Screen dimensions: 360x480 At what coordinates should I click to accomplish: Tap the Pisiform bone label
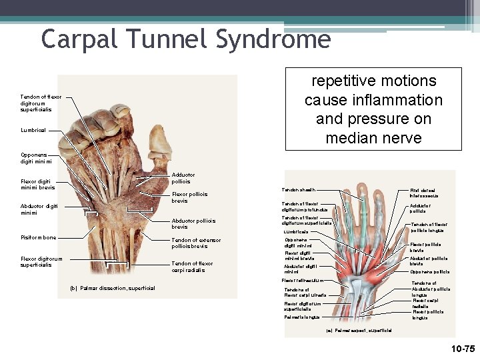click(x=39, y=238)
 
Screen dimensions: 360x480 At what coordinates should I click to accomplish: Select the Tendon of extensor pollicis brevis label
click(x=196, y=243)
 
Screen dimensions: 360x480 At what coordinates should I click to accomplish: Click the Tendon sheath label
click(x=298, y=190)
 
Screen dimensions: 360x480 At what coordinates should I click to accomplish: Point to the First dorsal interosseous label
click(x=424, y=193)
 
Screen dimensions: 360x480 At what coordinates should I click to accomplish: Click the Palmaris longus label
click(x=301, y=317)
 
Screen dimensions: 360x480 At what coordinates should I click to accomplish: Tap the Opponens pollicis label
click(x=429, y=272)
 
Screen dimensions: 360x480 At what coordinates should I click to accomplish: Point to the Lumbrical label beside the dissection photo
click(x=33, y=130)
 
